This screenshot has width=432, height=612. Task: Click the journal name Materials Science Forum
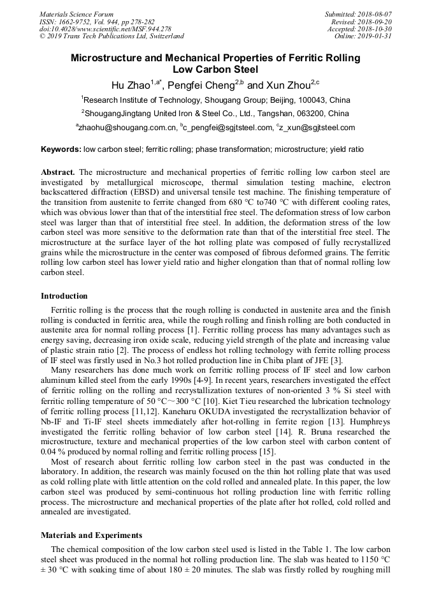(x=76, y=14)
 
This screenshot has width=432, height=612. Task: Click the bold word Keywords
(x=61, y=149)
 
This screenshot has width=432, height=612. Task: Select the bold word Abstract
(x=58, y=173)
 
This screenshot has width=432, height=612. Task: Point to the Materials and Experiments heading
(x=92, y=535)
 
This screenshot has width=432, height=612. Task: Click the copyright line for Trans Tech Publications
(x=112, y=36)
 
